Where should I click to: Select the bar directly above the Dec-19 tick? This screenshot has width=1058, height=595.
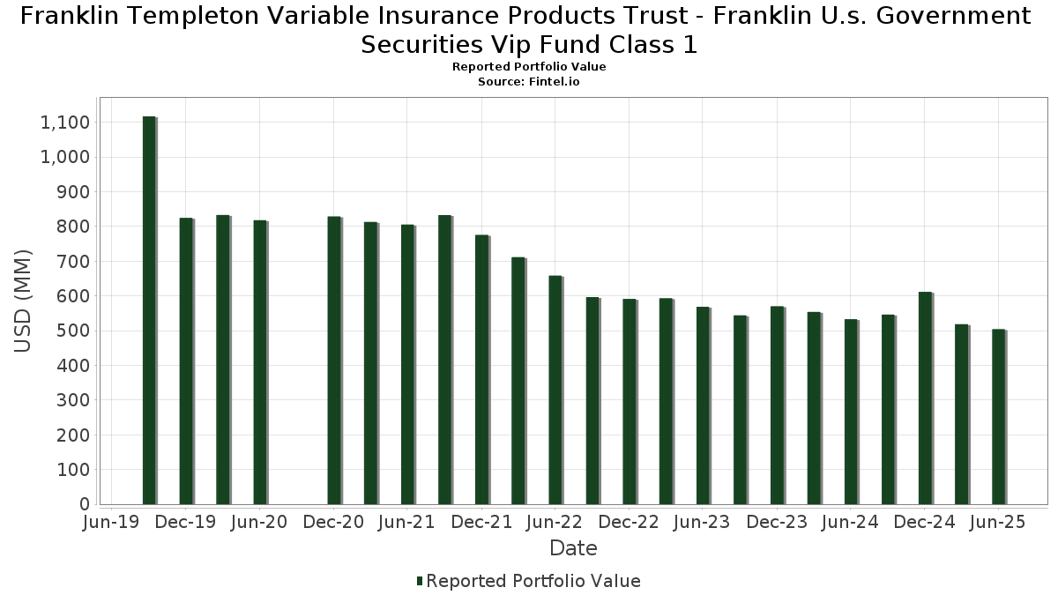pos(186,361)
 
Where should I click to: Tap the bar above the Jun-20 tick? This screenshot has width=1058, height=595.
pos(260,362)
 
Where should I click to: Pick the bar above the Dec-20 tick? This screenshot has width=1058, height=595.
pos(334,361)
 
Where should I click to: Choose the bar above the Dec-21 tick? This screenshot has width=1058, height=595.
pos(481,370)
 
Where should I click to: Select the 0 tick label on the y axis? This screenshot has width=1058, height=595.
pos(85,504)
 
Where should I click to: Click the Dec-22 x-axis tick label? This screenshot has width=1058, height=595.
pos(630,523)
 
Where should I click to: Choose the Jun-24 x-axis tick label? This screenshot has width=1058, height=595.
pos(851,523)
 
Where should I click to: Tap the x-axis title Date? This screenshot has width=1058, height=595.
pos(573,548)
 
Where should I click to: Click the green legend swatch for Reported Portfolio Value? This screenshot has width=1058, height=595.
pos(420,581)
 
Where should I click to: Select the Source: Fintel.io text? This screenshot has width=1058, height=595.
pos(528,81)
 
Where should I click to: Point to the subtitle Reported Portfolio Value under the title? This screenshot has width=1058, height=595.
pos(528,67)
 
